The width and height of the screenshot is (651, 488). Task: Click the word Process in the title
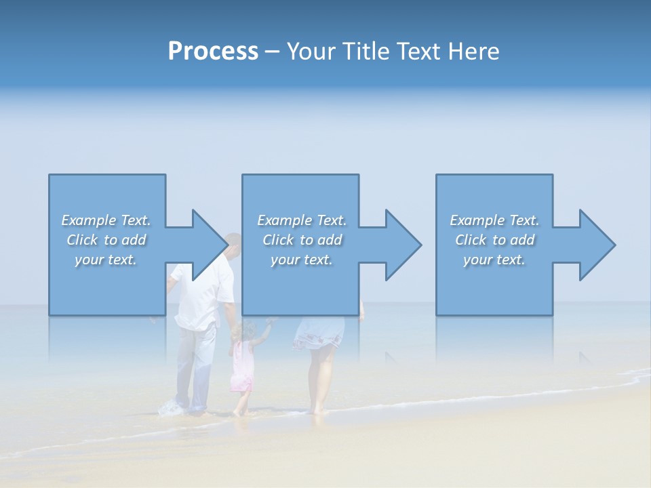[213, 52]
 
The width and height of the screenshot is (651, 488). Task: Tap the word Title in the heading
[365, 52]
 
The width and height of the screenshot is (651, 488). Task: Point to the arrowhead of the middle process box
[401, 245]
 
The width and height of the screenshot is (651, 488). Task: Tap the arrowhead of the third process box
[595, 245]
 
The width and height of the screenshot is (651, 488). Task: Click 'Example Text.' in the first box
[106, 220]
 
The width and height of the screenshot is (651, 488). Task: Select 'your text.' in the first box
[106, 260]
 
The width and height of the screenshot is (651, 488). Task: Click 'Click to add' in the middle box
[302, 240]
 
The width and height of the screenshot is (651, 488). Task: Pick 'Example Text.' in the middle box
[302, 220]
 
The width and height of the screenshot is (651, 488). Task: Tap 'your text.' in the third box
[494, 260]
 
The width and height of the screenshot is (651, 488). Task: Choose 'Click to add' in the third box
[494, 240]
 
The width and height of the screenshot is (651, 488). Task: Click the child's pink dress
[241, 369]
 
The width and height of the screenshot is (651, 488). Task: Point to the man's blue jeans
[195, 366]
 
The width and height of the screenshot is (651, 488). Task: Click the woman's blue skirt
[318, 332]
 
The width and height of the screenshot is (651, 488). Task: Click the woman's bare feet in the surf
[316, 409]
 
